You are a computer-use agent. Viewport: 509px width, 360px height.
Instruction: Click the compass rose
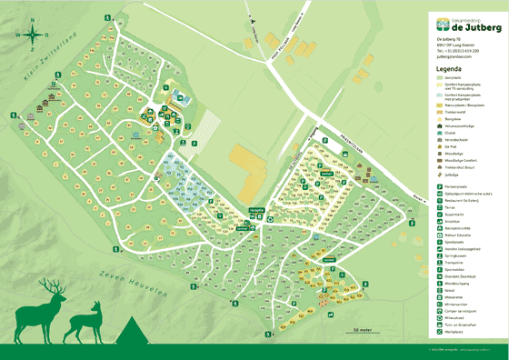(30, 35)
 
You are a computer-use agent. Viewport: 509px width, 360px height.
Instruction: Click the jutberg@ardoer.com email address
(456, 57)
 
